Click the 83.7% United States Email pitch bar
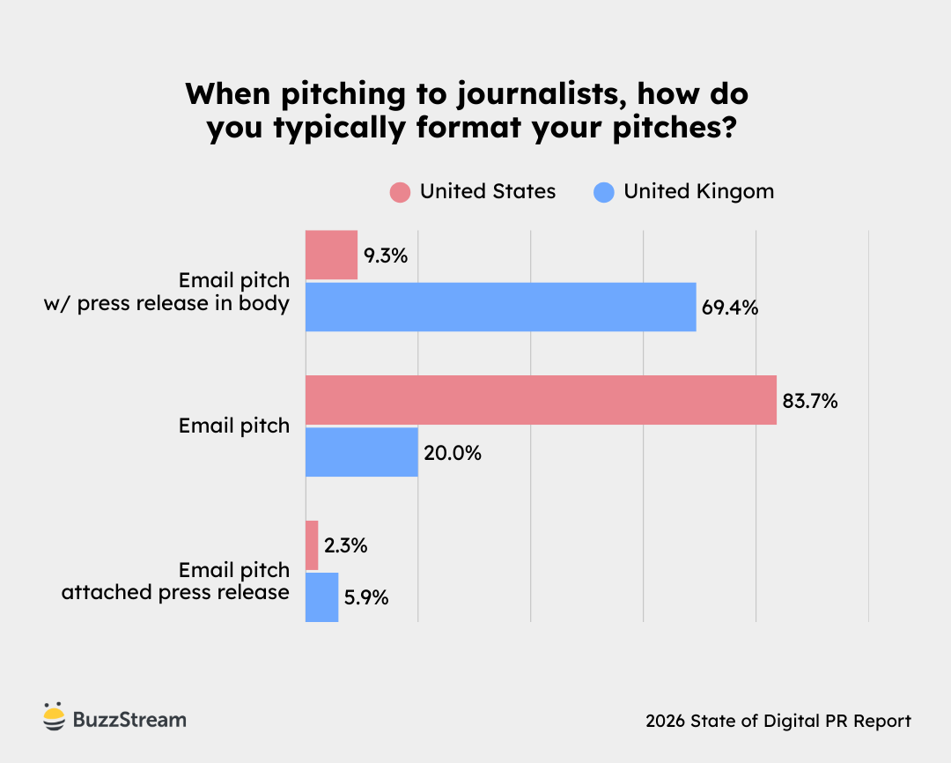[541, 400]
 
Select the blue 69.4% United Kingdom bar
[500, 307]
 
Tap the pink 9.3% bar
[331, 256]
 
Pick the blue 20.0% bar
[361, 452]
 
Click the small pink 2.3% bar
[312, 545]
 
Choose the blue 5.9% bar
[321, 596]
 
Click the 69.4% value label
[730, 308]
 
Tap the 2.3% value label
[345, 546]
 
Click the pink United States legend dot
[401, 192]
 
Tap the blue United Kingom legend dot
[604, 192]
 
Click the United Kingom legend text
[698, 191]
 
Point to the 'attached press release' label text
[175, 592]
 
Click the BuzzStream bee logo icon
[54, 718]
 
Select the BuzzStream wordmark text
[129, 720]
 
